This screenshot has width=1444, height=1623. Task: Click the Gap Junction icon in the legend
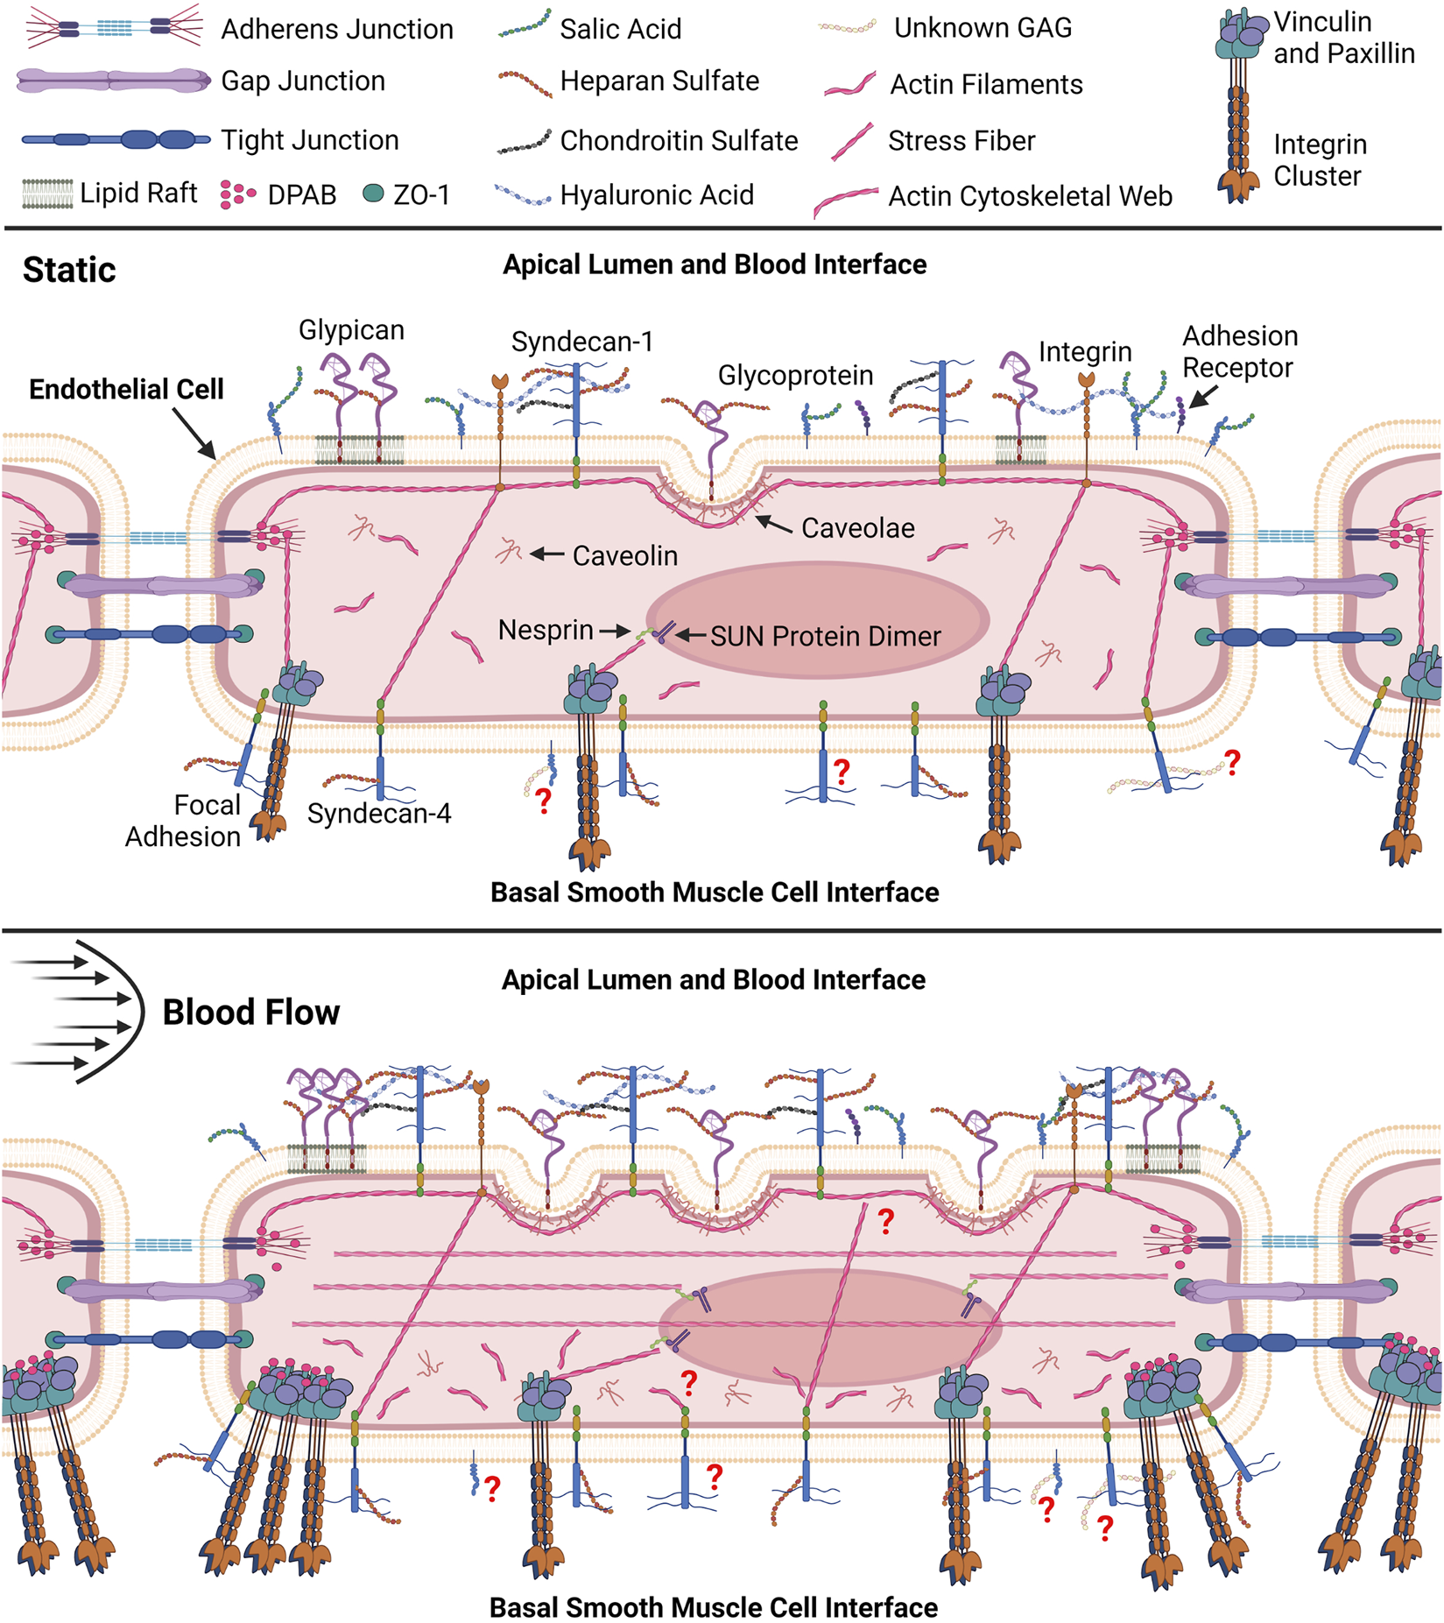(112, 81)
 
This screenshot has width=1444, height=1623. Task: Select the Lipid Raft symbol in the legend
(47, 193)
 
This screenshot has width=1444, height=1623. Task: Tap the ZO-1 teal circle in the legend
(373, 194)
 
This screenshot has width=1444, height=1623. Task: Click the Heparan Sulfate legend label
(659, 81)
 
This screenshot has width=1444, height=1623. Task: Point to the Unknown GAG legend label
(983, 28)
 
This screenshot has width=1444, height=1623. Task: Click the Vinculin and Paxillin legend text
(1343, 38)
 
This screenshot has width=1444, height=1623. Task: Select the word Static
(69, 270)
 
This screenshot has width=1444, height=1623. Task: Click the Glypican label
(351, 330)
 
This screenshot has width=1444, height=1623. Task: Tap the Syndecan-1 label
(582, 342)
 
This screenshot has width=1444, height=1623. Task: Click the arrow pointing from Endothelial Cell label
(194, 434)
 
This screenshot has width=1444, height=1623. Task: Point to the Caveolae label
(857, 528)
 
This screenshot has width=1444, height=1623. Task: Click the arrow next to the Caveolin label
(547, 554)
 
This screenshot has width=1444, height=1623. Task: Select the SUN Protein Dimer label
(825, 636)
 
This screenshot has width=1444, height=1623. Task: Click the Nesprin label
(546, 630)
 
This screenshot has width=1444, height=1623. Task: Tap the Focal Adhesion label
(183, 821)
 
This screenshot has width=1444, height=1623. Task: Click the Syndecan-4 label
(379, 814)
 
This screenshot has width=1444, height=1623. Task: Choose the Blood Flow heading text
(250, 1012)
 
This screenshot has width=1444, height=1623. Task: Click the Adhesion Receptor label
(1239, 351)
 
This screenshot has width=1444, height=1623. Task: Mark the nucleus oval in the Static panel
(818, 620)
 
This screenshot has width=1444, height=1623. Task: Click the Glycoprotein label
(795, 376)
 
